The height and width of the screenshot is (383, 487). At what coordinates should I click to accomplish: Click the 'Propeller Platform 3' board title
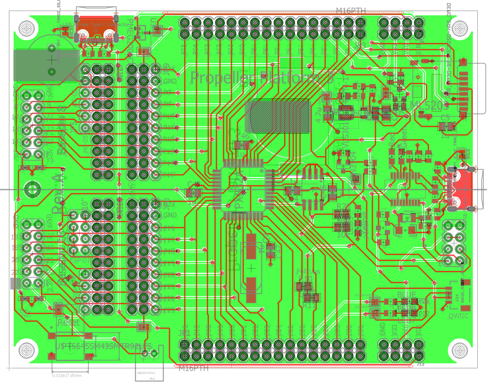point(262,78)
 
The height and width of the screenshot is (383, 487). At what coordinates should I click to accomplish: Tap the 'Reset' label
point(68,322)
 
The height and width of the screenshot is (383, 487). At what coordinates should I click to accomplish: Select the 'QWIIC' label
point(458,316)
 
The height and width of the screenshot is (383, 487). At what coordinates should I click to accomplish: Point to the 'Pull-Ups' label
point(308,271)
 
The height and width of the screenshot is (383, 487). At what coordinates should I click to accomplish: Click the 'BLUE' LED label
point(406,295)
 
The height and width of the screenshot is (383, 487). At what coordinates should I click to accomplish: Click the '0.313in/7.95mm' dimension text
point(67,376)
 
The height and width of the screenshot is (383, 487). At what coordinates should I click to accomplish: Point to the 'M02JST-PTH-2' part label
point(146,373)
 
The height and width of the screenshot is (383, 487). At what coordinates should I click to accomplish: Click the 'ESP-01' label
point(80,260)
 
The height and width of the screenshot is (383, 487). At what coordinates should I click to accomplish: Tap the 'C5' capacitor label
point(445,118)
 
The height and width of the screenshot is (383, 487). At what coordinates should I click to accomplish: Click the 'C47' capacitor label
point(278,252)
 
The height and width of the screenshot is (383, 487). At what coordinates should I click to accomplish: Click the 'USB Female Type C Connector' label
point(96,25)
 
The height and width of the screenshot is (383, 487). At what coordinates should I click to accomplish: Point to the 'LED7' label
point(406,320)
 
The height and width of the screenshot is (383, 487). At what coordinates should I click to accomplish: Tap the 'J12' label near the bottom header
point(421,364)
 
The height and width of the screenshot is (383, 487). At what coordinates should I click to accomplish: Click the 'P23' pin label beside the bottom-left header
point(169,310)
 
